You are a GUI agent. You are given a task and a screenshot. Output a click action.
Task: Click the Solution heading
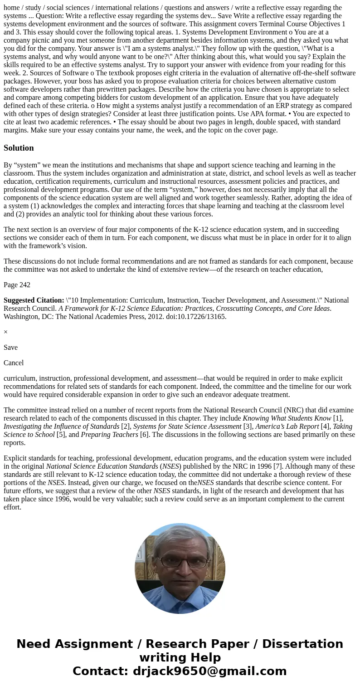19,148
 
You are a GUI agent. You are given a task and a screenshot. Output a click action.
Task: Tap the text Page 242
17,285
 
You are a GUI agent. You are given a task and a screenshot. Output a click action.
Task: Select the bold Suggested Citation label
34,300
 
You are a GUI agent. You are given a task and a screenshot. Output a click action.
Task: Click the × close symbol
5,332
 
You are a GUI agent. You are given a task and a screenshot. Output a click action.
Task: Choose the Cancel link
14,363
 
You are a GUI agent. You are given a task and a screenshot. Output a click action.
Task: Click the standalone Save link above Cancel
10,348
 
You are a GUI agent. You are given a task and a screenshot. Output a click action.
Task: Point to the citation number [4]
325,426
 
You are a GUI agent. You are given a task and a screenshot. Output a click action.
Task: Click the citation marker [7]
277,466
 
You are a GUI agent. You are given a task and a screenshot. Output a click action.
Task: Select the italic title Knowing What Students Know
287,418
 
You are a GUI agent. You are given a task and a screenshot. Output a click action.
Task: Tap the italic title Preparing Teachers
109,435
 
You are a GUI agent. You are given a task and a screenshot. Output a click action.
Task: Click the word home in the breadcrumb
12,8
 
